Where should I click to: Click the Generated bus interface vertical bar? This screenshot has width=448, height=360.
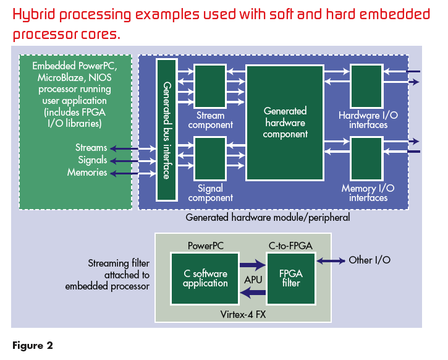pyautogui.click(x=166, y=129)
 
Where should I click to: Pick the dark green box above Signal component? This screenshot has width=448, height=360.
pyautogui.click(x=210, y=158)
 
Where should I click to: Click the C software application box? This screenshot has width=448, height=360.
pyautogui.click(x=205, y=278)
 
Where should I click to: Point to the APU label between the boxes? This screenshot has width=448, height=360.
pyautogui.click(x=253, y=280)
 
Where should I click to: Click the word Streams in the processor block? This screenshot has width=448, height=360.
pyautogui.click(x=91, y=148)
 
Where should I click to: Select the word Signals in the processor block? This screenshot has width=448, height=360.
pyautogui.click(x=92, y=160)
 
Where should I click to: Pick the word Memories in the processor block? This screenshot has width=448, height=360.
pyautogui.click(x=87, y=173)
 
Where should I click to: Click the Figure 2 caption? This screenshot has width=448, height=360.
pyautogui.click(x=32, y=345)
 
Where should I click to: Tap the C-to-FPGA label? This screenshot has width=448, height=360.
pyautogui.click(x=290, y=246)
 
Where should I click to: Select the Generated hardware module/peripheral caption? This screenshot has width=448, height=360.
pyautogui.click(x=268, y=217)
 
